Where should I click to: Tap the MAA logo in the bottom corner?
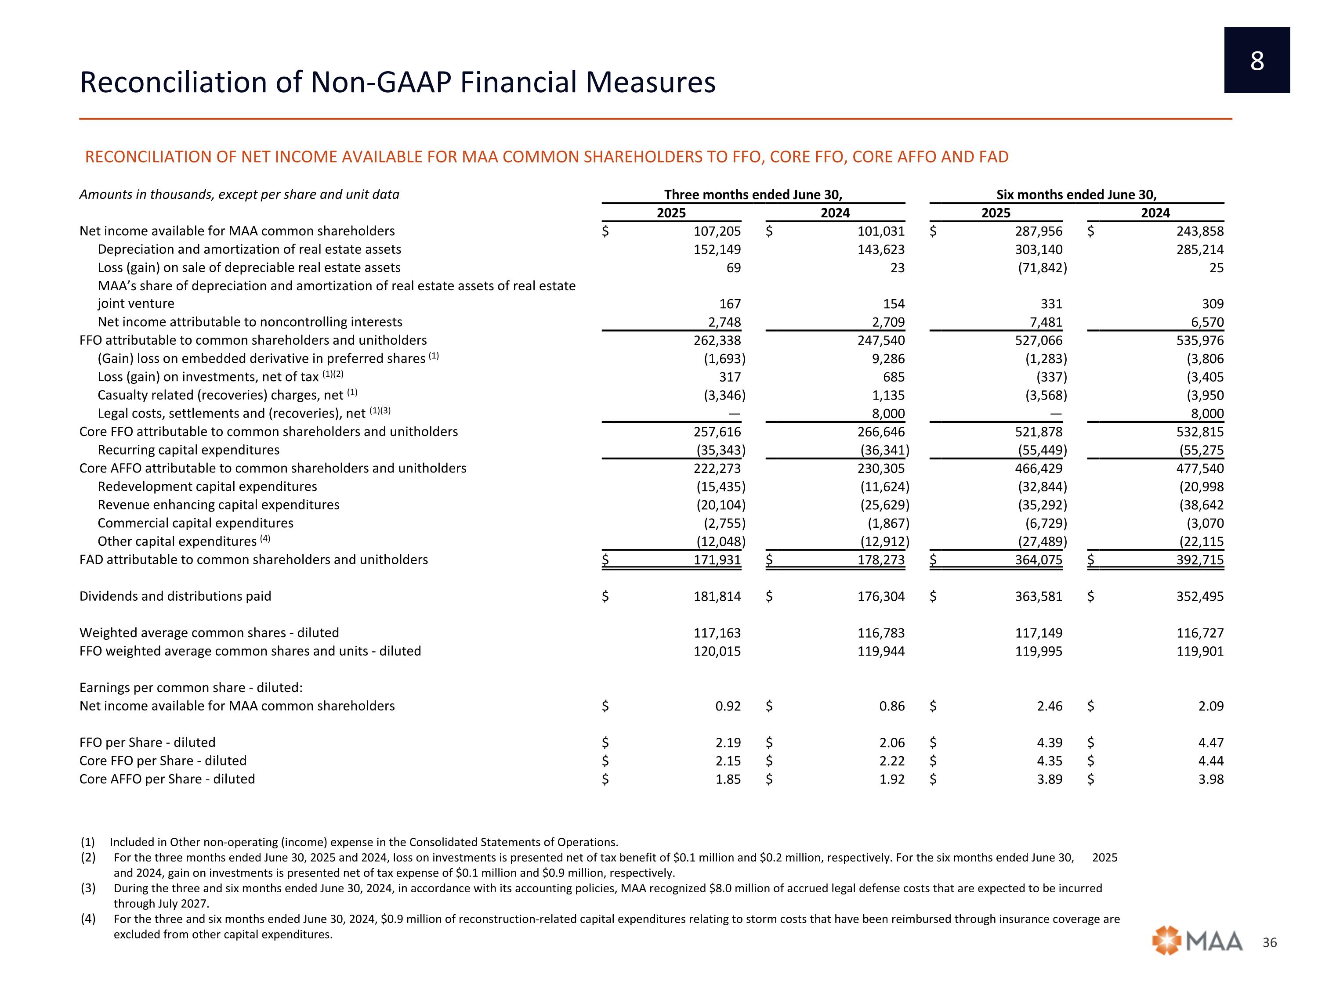tap(1197, 941)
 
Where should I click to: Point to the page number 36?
tap(1270, 943)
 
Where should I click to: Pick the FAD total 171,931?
tap(717, 560)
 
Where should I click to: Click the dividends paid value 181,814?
tap(717, 596)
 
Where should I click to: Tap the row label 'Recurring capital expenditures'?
tap(188, 450)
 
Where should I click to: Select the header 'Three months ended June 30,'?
tap(753, 195)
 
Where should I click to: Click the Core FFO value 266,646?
tap(881, 432)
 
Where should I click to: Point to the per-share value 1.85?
tap(728, 779)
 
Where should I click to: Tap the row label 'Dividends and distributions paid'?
tap(175, 596)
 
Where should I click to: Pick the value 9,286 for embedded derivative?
tap(888, 358)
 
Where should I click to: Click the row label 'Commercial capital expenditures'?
tap(196, 523)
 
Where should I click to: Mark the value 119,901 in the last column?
tap(1200, 651)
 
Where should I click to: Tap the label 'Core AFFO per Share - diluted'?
tap(167, 779)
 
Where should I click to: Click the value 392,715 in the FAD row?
tap(1200, 560)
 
